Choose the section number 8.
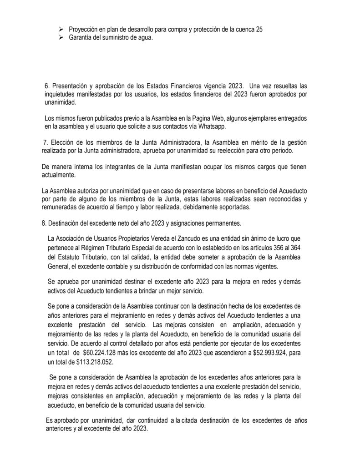tap(43, 223)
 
